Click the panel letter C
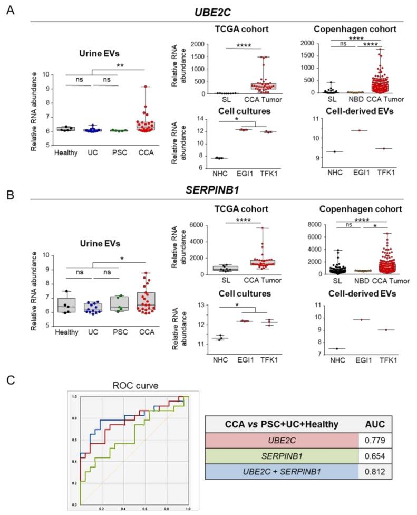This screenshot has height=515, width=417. click(x=9, y=379)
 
